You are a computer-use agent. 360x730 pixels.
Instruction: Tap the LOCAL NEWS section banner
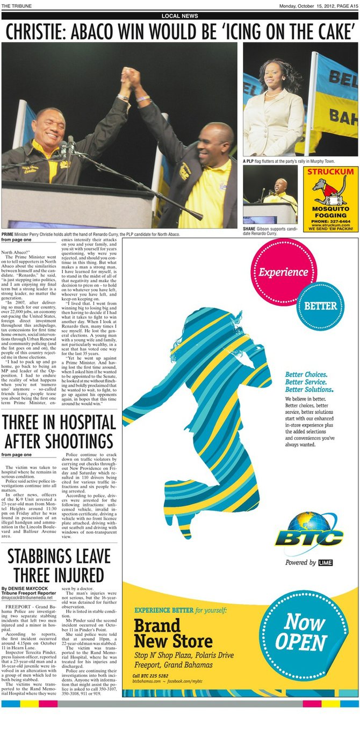[x=179, y=16]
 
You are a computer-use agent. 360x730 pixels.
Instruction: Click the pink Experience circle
[x=283, y=271]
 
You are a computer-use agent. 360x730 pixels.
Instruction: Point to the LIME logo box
[x=326, y=562]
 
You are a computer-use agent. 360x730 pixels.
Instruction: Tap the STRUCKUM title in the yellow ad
[x=330, y=171]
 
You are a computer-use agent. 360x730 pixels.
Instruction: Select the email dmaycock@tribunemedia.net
[x=31, y=597]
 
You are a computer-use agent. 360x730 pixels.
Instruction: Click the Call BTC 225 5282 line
[x=150, y=675]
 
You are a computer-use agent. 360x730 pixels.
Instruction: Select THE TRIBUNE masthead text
[x=17, y=6]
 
